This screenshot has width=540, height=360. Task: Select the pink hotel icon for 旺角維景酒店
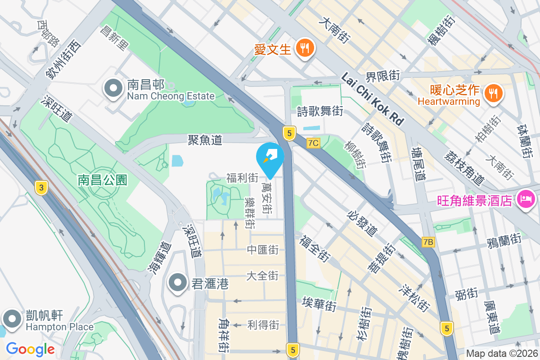pos(526,198)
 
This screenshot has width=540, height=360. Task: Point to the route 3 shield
pos(41,188)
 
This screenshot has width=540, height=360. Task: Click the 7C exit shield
pos(313,143)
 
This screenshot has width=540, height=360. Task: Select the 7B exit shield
pos(428,242)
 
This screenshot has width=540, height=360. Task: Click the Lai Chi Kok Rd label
pos(373,99)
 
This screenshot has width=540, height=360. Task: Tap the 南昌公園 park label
pos(103,180)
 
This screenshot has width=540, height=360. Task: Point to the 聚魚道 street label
pos(205,140)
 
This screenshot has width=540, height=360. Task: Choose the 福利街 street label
pos(242,178)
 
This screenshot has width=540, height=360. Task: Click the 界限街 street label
pos(382,76)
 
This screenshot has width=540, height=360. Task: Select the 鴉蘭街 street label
pos(504,239)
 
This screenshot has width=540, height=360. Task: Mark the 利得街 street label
pos(263,325)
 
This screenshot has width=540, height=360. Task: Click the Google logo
pos(30,349)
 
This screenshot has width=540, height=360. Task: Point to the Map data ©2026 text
pos(502,354)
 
